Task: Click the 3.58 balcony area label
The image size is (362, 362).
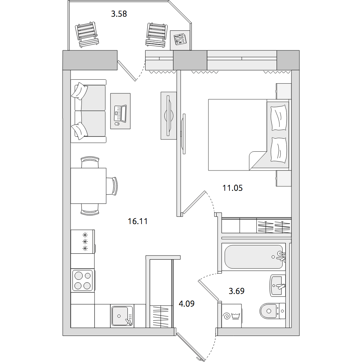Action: point(119,14)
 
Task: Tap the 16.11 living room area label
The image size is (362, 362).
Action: point(138,221)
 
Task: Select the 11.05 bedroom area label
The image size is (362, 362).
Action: point(232,188)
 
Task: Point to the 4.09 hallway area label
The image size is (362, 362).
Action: point(186,304)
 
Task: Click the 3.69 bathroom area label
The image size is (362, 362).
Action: point(236,291)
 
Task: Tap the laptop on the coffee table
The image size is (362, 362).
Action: point(121,113)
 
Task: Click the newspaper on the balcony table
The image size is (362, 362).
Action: point(180,39)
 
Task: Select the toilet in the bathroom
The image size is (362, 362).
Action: point(273,311)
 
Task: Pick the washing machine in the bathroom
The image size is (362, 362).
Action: point(231,316)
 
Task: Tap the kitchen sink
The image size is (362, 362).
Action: point(122,316)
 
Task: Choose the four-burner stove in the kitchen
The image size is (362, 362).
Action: point(83,281)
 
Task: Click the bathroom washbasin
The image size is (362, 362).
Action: point(278,285)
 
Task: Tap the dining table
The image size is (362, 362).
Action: point(88,186)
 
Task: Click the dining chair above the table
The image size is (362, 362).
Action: point(90,162)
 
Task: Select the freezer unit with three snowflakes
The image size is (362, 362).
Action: point(83,242)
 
